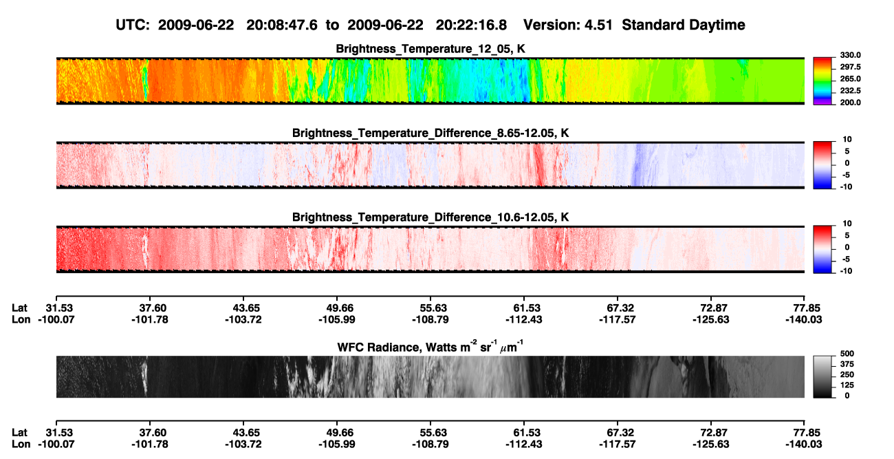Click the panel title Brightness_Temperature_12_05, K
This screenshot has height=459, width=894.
tap(430, 49)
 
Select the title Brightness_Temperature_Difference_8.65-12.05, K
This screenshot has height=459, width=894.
tap(430, 133)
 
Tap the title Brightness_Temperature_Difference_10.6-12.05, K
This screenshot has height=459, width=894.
tap(430, 217)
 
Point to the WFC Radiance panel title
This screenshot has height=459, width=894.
tap(430, 346)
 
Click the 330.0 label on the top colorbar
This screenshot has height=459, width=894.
tap(850, 55)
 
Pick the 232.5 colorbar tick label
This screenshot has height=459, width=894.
tap(850, 91)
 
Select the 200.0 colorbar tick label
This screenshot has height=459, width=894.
tap(850, 103)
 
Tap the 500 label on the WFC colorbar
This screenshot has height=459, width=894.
tap(847, 354)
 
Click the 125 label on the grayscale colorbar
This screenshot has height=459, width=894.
tap(847, 385)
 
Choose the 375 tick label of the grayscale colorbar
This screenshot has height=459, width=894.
tap(847, 364)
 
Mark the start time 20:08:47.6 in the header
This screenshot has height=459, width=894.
tap(282, 25)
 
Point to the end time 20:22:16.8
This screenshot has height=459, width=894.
tap(471, 25)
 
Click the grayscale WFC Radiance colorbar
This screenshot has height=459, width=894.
tap(822, 376)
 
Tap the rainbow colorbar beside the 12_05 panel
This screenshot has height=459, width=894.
tap(822, 81)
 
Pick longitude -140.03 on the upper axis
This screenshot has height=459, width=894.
tap(804, 319)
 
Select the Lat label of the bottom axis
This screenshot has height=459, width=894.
tap(19, 433)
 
